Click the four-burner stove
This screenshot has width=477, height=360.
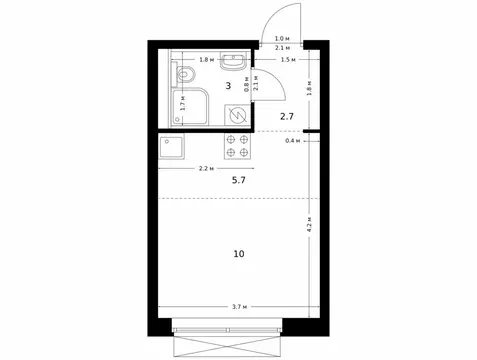point(239,146)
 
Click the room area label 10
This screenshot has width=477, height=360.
point(238,253)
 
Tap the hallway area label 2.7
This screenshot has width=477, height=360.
point(287,117)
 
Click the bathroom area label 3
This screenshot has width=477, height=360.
point(229,86)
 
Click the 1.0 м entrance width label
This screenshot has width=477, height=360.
point(282,38)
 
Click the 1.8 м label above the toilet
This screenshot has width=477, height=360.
point(204,59)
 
